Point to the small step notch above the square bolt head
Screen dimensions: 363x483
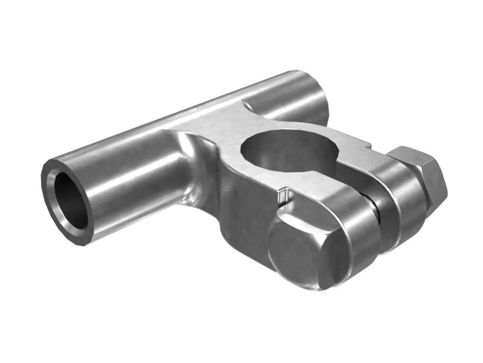(x=284, y=197)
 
